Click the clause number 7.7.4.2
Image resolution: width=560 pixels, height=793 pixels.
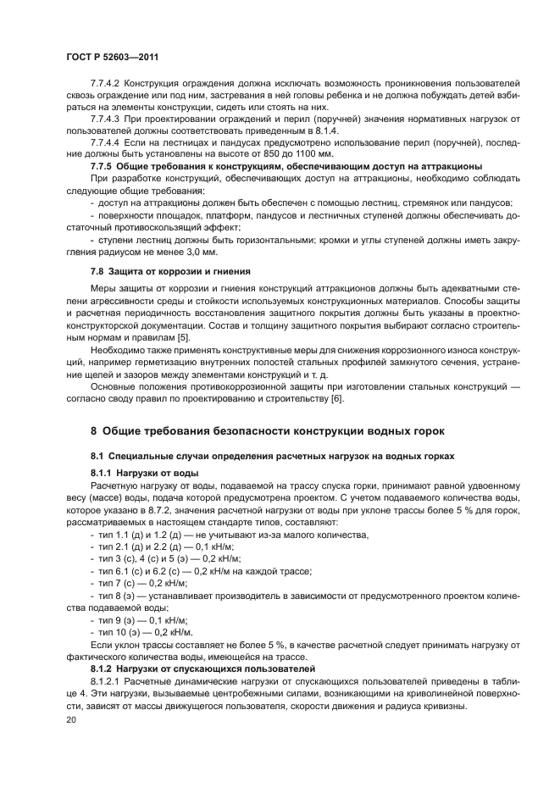[108, 82]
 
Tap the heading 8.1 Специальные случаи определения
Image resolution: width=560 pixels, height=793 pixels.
[272, 455]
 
